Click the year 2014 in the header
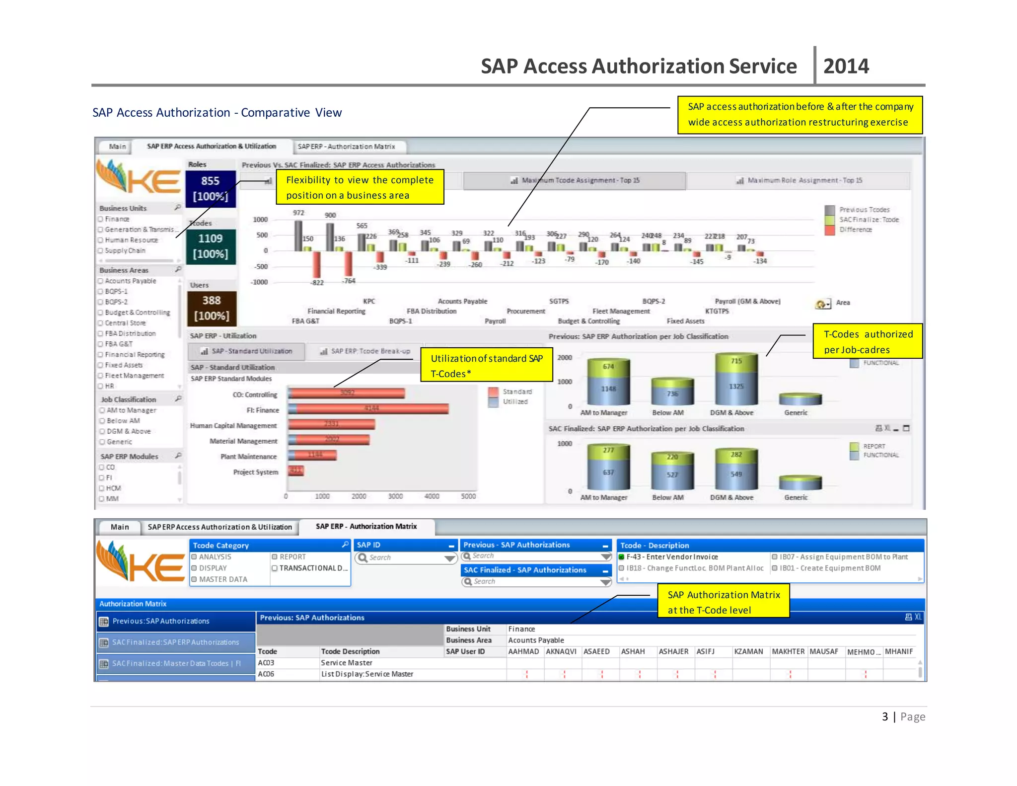pyautogui.click(x=846, y=66)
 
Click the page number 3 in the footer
pyautogui.click(x=885, y=716)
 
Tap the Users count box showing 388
pyautogui.click(x=212, y=308)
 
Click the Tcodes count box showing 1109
pyautogui.click(x=211, y=246)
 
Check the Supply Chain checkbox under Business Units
pyautogui.click(x=101, y=251)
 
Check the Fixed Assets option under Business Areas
pyautogui.click(x=101, y=365)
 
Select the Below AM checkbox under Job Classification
pyautogui.click(x=102, y=421)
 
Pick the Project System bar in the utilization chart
pyautogui.click(x=296, y=471)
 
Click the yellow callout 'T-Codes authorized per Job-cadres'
pyautogui.click(x=868, y=341)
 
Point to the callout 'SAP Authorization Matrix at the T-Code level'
pyautogui.click(x=723, y=602)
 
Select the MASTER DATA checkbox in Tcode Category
pyautogui.click(x=195, y=579)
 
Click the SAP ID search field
pyautogui.click(x=405, y=557)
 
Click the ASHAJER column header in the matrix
pyautogui.click(x=673, y=651)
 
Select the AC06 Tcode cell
pyautogui.click(x=266, y=674)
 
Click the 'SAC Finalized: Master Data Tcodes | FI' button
pyautogui.click(x=176, y=663)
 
